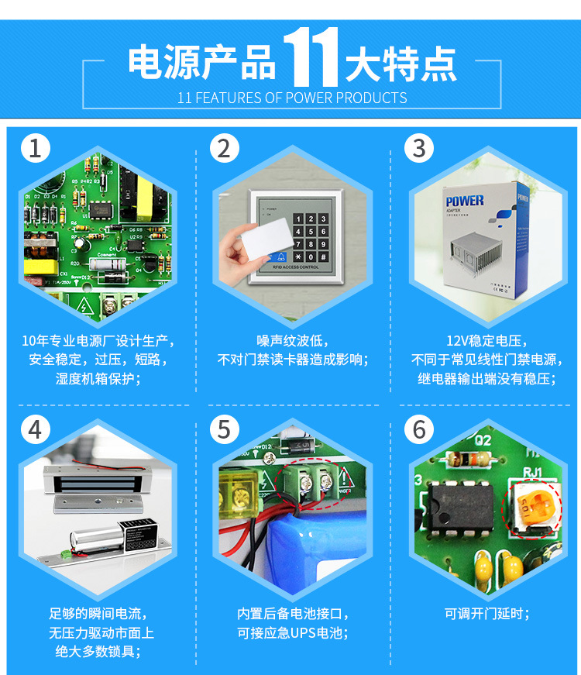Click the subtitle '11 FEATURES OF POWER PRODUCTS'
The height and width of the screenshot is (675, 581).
[292, 98]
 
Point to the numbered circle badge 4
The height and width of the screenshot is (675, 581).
[35, 429]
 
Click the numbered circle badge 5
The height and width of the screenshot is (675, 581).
[224, 429]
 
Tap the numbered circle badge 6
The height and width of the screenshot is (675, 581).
[419, 429]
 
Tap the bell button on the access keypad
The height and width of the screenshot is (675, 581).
[280, 256]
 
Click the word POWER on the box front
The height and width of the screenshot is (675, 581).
[464, 201]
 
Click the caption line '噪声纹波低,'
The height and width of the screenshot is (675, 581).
[292, 341]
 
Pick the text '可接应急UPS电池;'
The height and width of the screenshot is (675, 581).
[292, 632]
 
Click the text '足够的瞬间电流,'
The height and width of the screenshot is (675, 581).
[97, 614]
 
